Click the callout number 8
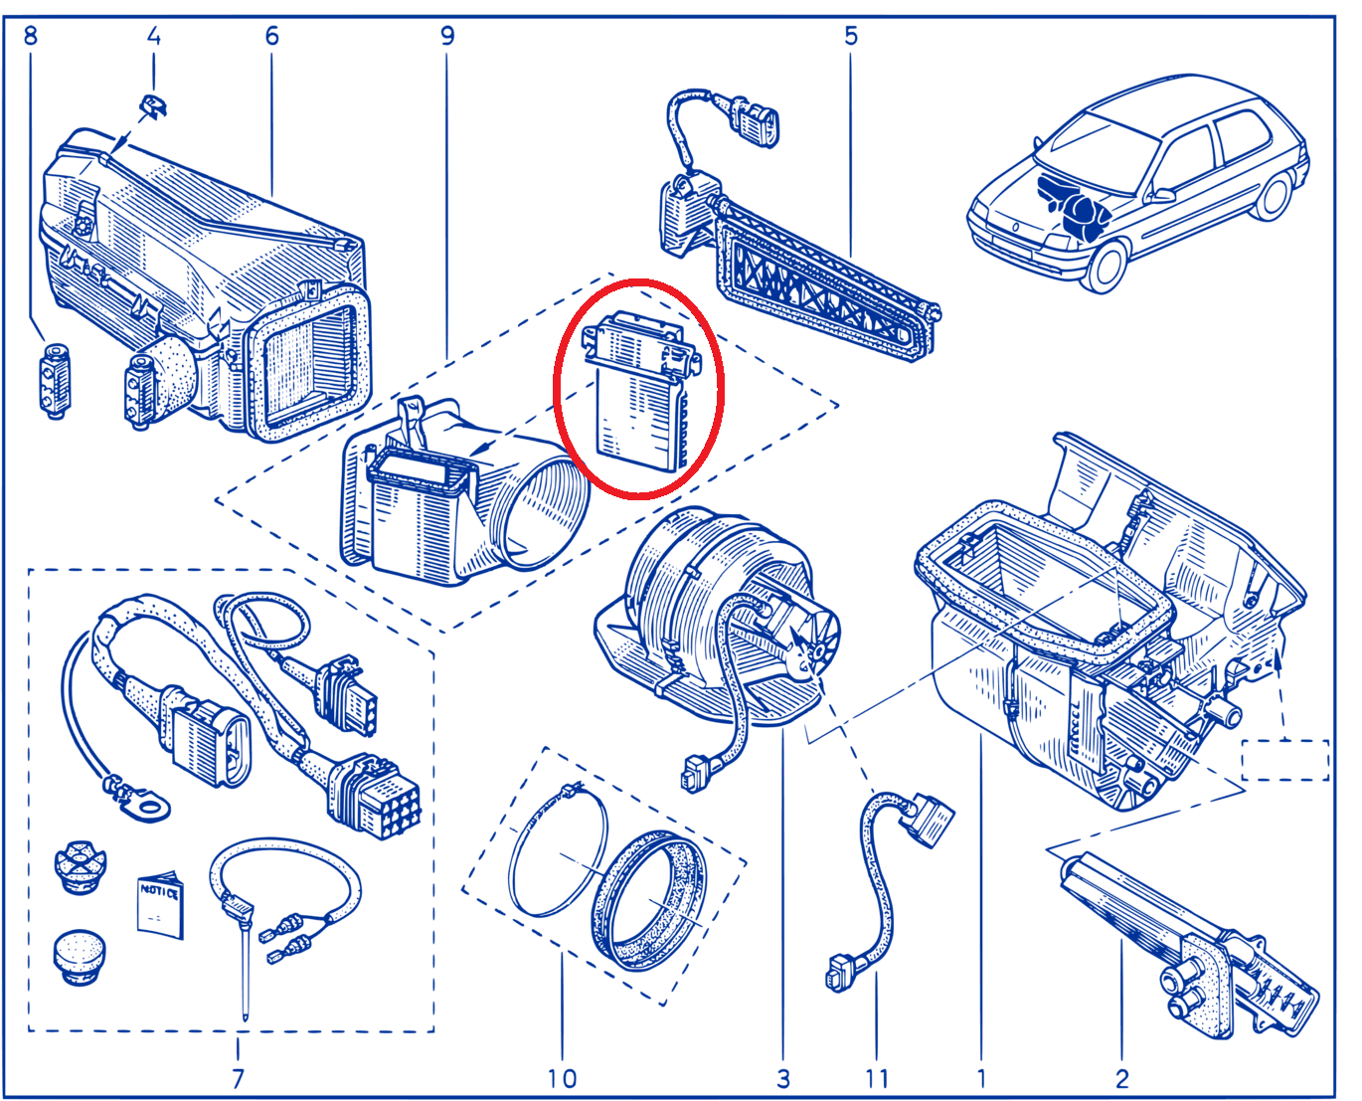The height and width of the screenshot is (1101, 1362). [x=31, y=36]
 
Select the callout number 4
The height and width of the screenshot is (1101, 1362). [x=153, y=36]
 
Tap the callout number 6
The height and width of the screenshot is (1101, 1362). [x=271, y=36]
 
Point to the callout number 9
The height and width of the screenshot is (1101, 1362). [x=447, y=36]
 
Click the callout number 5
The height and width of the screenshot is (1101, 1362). [x=850, y=36]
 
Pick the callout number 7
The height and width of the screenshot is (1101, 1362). [x=238, y=1078]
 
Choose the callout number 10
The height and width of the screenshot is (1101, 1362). [x=562, y=1078]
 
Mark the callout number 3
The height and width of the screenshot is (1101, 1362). [x=783, y=1078]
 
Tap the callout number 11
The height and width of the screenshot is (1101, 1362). [x=877, y=1078]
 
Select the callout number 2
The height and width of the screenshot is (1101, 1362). [x=1122, y=1078]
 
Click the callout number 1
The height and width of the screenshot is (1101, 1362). [x=981, y=1078]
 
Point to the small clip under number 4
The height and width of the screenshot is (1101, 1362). [x=153, y=105]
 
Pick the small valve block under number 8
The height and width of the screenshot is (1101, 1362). [x=56, y=381]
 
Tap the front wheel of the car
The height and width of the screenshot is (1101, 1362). [x=1106, y=264]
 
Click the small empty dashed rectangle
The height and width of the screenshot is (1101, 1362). [x=1285, y=760]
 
